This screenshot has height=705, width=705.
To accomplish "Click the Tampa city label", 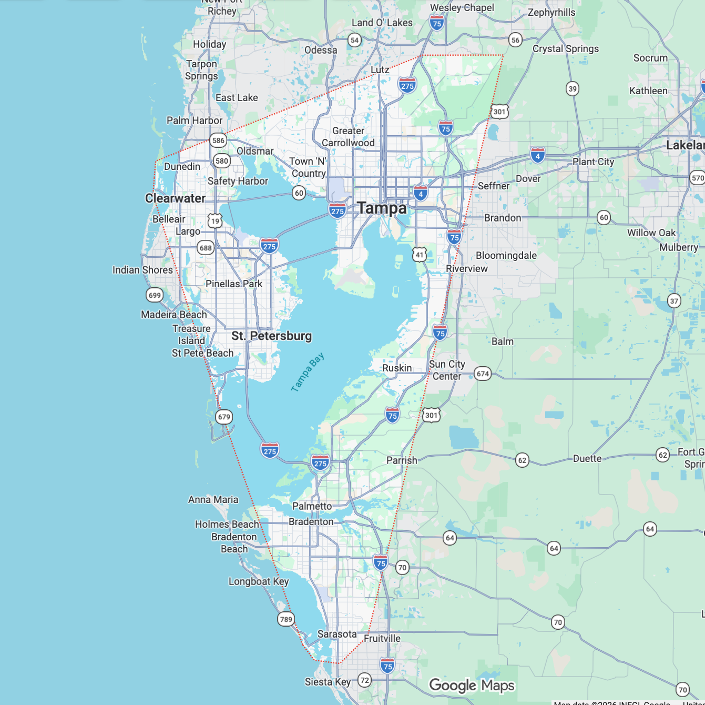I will point(382,208).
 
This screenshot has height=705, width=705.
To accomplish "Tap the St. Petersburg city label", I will point(271,336).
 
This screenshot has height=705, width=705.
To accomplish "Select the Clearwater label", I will point(175,198).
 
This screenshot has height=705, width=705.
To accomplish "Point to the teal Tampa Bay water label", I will point(308,372).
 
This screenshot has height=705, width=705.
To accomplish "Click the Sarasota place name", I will point(337,634).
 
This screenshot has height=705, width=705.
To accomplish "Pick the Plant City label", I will point(593,162).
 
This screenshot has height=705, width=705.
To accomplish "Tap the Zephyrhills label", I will point(551,12).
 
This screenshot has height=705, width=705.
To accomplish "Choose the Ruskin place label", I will point(397,368).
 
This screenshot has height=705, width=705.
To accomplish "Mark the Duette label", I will point(587,458).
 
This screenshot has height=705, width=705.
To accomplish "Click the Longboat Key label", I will point(259,581).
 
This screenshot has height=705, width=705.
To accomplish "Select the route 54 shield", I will point(355,40).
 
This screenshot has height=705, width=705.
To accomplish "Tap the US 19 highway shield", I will point(214,221).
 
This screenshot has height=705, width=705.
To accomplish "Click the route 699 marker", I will point(155,295).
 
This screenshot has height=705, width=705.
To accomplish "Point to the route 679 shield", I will point(224,417).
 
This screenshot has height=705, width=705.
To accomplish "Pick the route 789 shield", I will point(286,619).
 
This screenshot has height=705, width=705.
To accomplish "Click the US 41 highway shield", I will point(419,255).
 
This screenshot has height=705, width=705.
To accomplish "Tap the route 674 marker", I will point(483,374).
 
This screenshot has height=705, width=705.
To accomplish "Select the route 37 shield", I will point(674,301).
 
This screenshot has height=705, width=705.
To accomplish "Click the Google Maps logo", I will point(472,686).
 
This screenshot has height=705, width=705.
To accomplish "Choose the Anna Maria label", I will point(213,499).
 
